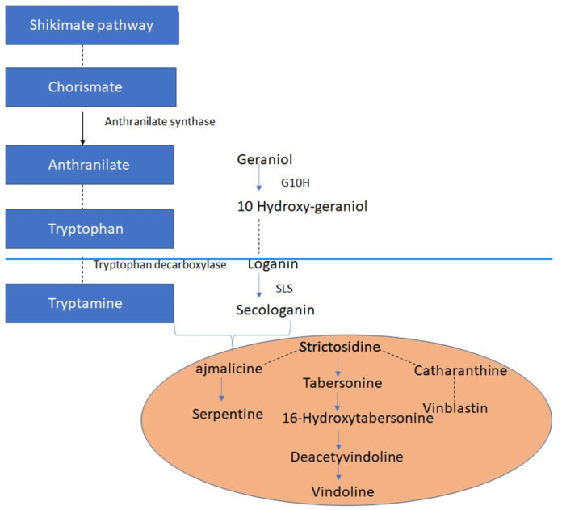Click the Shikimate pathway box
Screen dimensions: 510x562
91,24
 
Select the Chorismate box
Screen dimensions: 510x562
91,86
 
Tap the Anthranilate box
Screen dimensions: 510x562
91,164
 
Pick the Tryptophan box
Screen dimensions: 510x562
91,229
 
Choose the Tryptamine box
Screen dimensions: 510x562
91,303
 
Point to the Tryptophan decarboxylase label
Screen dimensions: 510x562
158,265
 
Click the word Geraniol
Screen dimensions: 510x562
264,159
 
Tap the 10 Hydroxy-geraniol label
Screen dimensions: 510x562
303,206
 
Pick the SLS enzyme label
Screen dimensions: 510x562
283,287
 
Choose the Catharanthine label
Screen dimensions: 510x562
460,371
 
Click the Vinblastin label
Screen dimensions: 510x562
456,408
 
